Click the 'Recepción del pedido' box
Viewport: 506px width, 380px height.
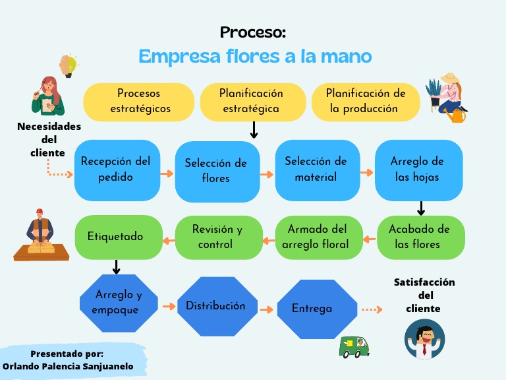point(117,170)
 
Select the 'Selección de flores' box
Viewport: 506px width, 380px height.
point(216,171)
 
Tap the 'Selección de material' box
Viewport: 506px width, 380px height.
point(316,170)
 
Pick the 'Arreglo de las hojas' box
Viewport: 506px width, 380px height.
point(417,170)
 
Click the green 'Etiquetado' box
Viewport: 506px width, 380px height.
point(117,236)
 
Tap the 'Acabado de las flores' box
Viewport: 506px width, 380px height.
point(420,237)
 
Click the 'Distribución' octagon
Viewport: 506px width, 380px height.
point(215,305)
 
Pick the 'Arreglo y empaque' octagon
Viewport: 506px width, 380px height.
point(118,302)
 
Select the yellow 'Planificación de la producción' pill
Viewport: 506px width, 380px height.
point(365,102)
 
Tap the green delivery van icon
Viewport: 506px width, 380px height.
point(353,346)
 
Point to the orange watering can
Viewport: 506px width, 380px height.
point(455,116)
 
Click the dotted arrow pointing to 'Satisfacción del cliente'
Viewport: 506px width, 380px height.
point(372,309)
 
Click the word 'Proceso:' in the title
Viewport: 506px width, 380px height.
point(253,32)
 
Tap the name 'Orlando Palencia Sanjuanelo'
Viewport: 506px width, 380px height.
point(68,366)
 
